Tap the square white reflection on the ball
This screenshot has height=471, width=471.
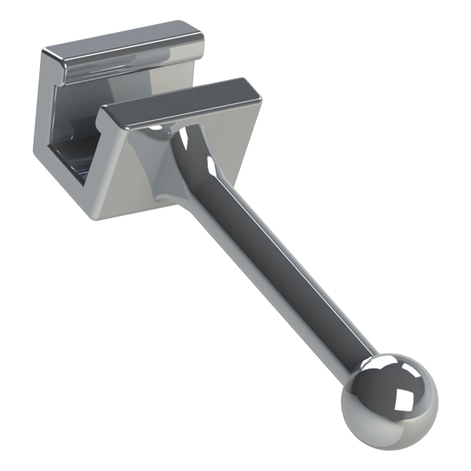pos(405,400)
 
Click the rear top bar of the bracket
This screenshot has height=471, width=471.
pos(126,47)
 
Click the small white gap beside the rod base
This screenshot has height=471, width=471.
pos(184,141)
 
